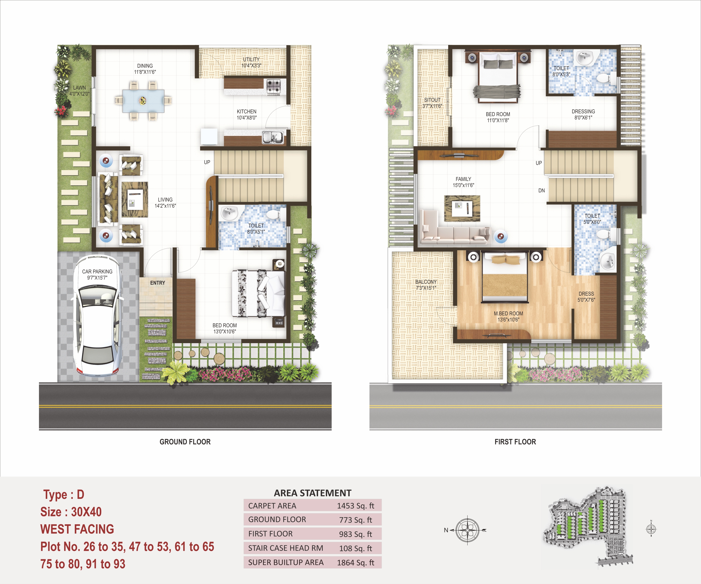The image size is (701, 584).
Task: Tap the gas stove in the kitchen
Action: click(x=273, y=86)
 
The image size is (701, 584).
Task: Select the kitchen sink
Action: click(x=272, y=137)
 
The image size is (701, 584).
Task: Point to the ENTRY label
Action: click(x=158, y=283)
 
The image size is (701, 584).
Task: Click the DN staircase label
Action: click(x=541, y=191)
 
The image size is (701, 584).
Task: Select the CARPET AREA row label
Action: click(x=272, y=506)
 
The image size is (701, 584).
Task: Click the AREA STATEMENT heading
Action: click(x=312, y=493)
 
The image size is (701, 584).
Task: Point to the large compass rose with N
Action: click(x=467, y=530)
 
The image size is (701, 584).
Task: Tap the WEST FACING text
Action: click(x=77, y=529)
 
